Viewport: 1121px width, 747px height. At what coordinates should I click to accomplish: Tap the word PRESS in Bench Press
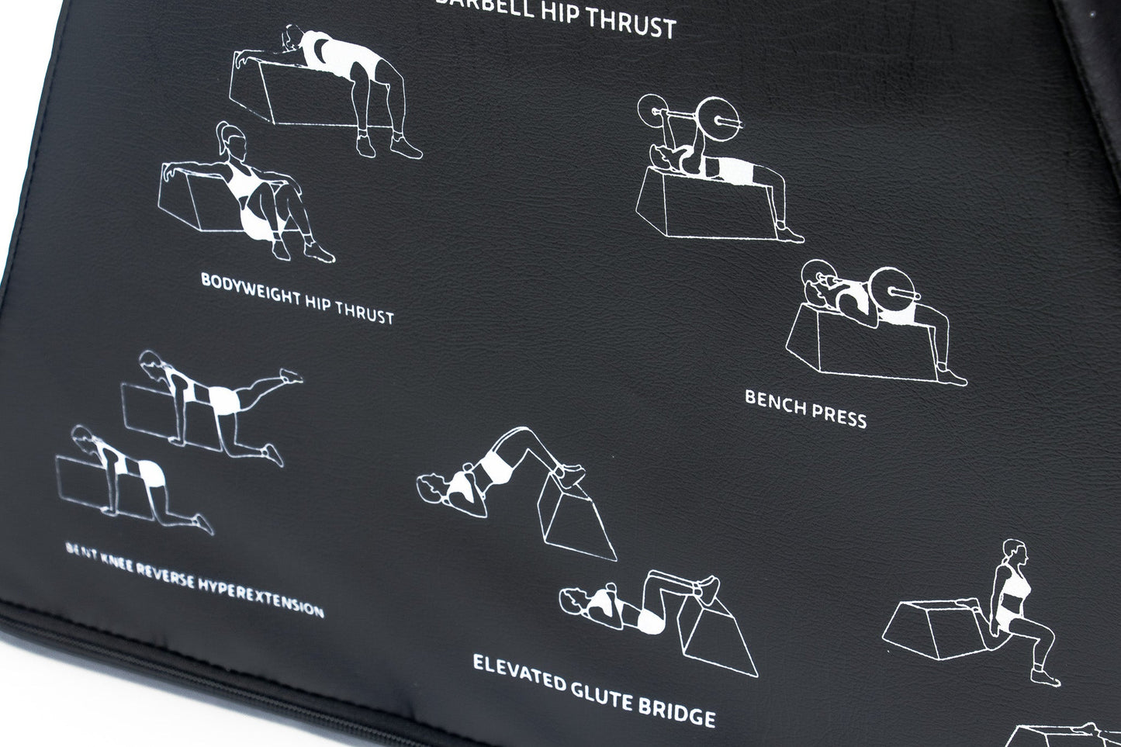pos(839,416)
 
